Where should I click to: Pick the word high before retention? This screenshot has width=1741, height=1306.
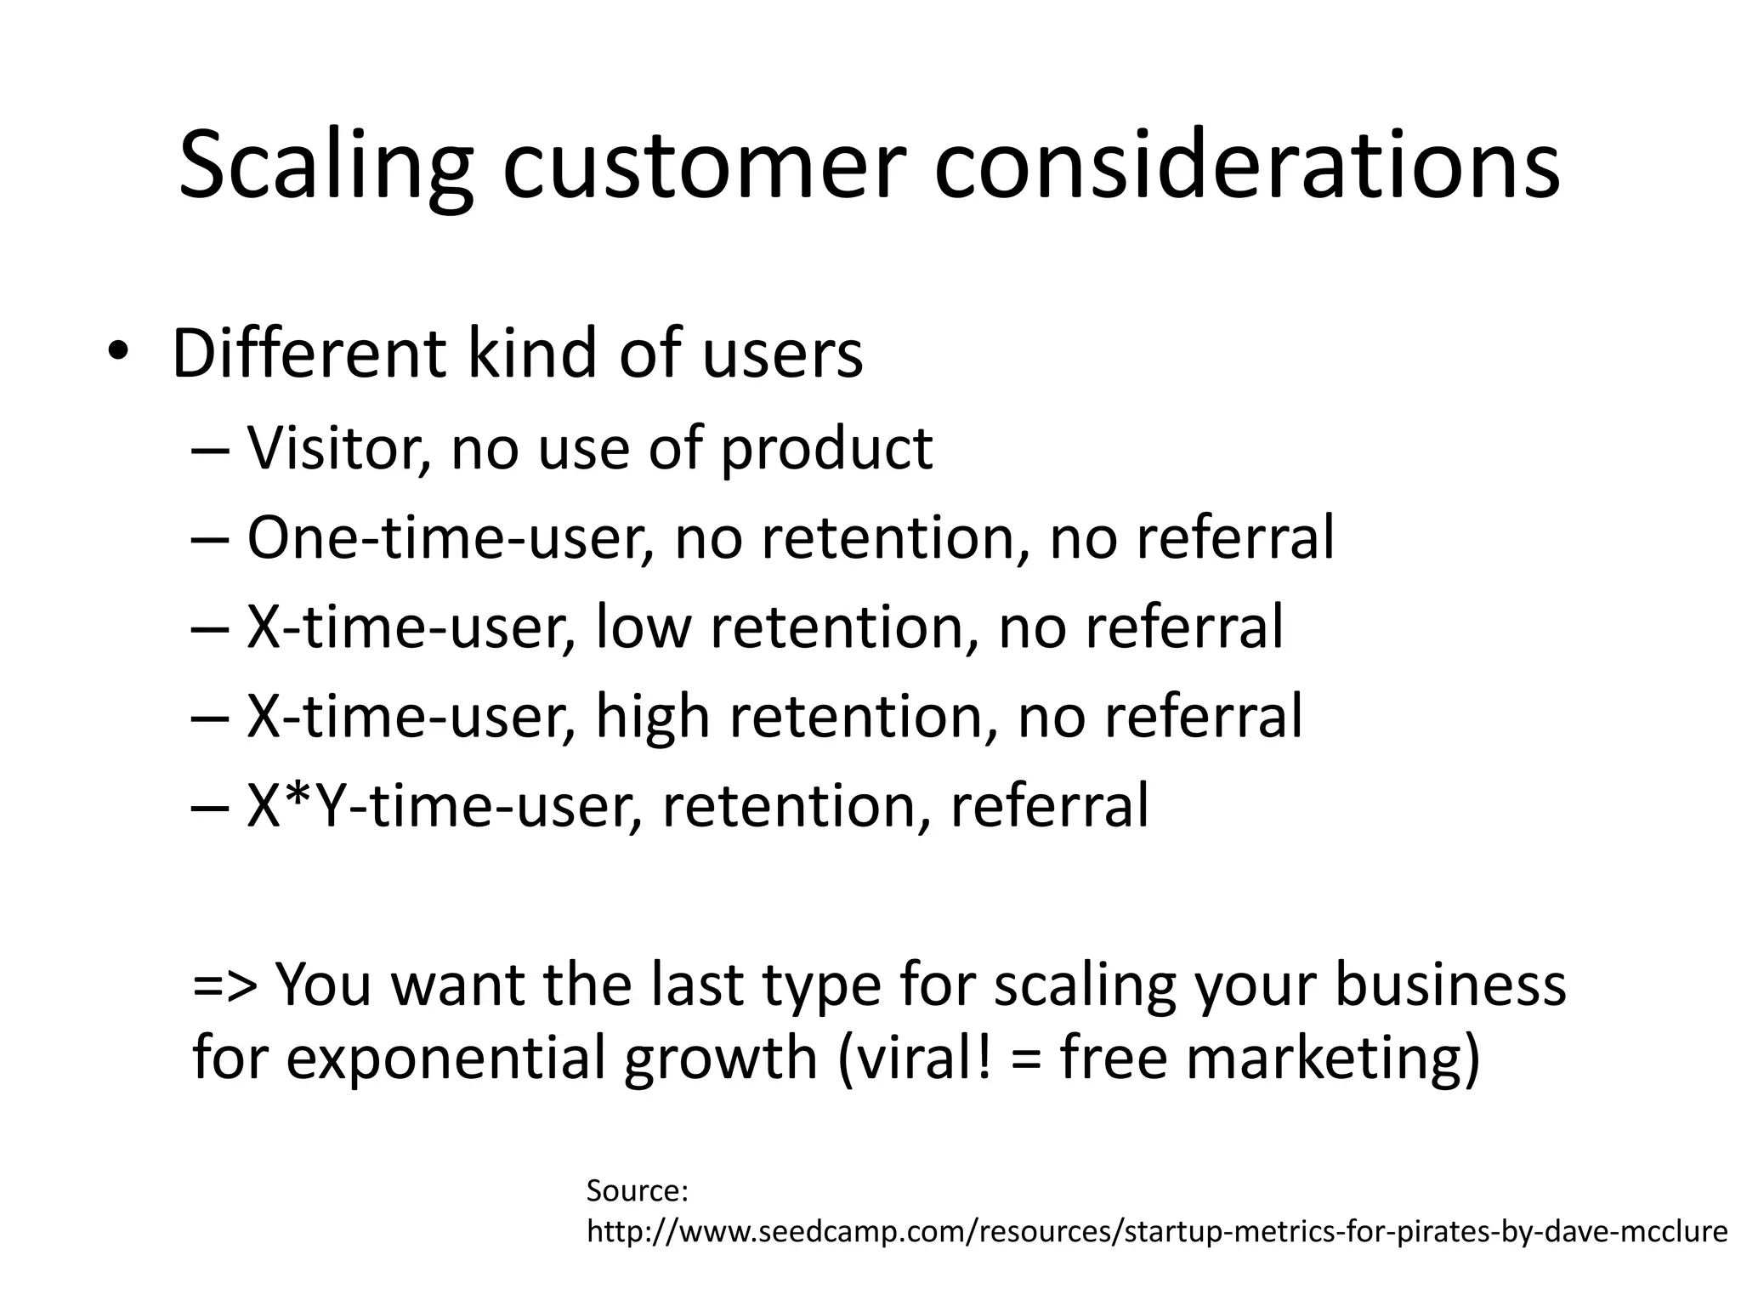click(x=652, y=717)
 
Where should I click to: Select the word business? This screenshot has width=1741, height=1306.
click(x=1449, y=984)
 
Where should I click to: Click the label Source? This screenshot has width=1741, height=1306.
click(x=637, y=1190)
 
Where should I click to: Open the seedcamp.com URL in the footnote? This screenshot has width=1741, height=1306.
click(x=1156, y=1231)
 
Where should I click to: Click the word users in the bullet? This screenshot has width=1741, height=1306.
click(x=782, y=353)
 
